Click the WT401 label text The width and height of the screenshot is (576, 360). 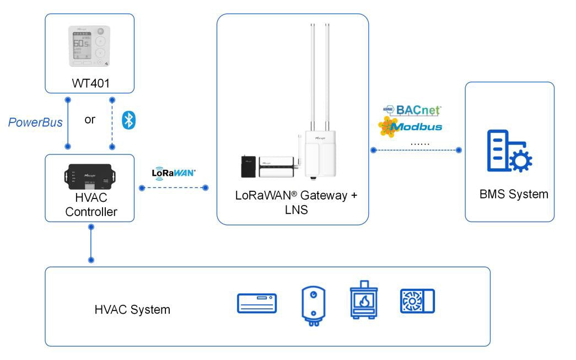[89, 84]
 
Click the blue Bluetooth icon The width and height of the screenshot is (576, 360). [128, 121]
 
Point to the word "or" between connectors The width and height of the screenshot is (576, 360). [90, 120]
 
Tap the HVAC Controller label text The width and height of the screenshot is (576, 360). [89, 205]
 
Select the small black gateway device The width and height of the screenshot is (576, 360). [248, 166]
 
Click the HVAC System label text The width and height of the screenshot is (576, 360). [132, 310]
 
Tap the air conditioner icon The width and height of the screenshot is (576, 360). [257, 303]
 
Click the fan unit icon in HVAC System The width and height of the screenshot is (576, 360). [417, 301]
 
